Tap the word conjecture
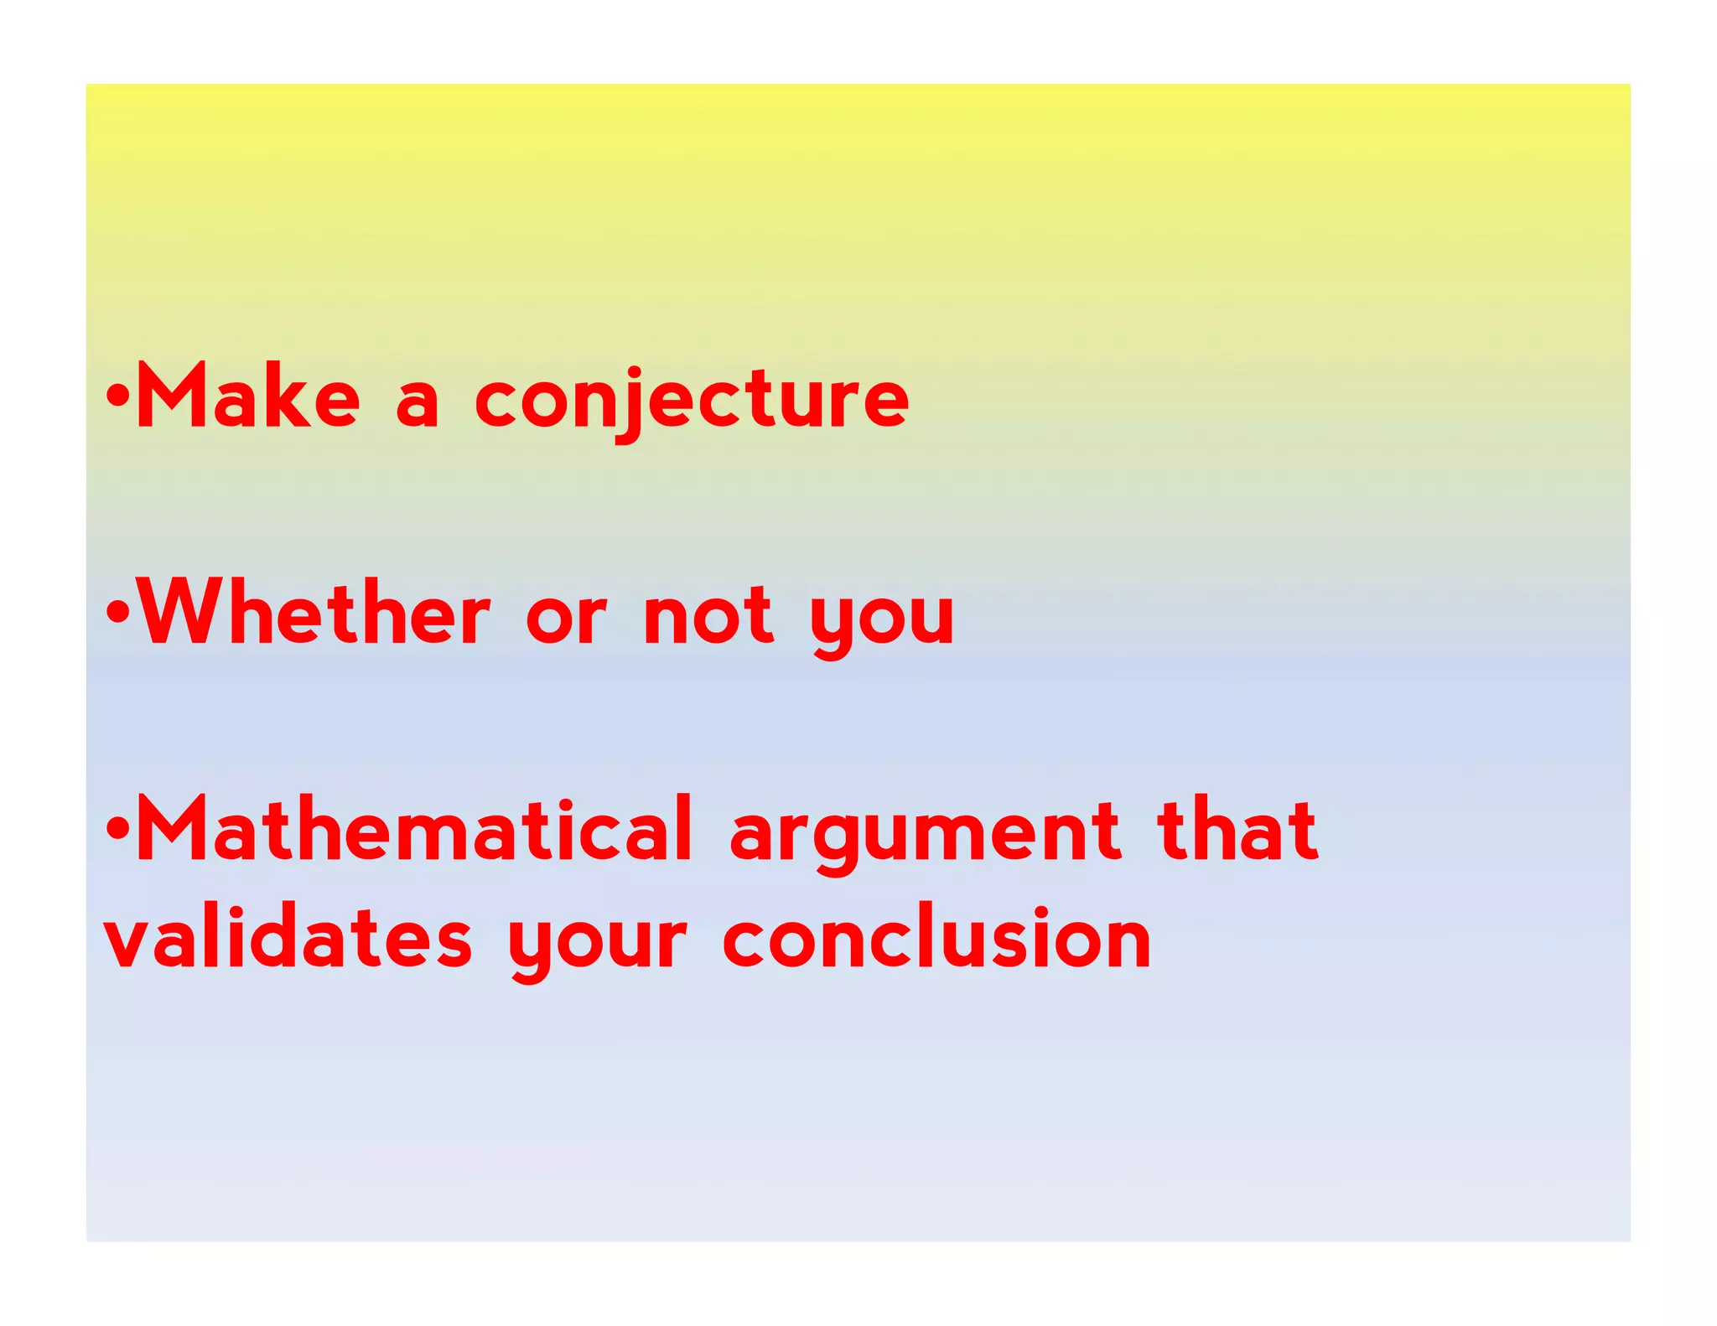click(x=692, y=400)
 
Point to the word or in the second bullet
click(x=566, y=619)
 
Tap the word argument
click(x=925, y=835)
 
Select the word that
click(x=1237, y=830)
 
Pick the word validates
click(x=288, y=938)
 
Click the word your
click(x=598, y=945)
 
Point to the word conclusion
click(x=936, y=938)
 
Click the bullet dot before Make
click(x=117, y=394)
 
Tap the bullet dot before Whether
click(x=117, y=611)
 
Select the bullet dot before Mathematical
click(x=117, y=828)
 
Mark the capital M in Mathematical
click(x=172, y=828)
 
